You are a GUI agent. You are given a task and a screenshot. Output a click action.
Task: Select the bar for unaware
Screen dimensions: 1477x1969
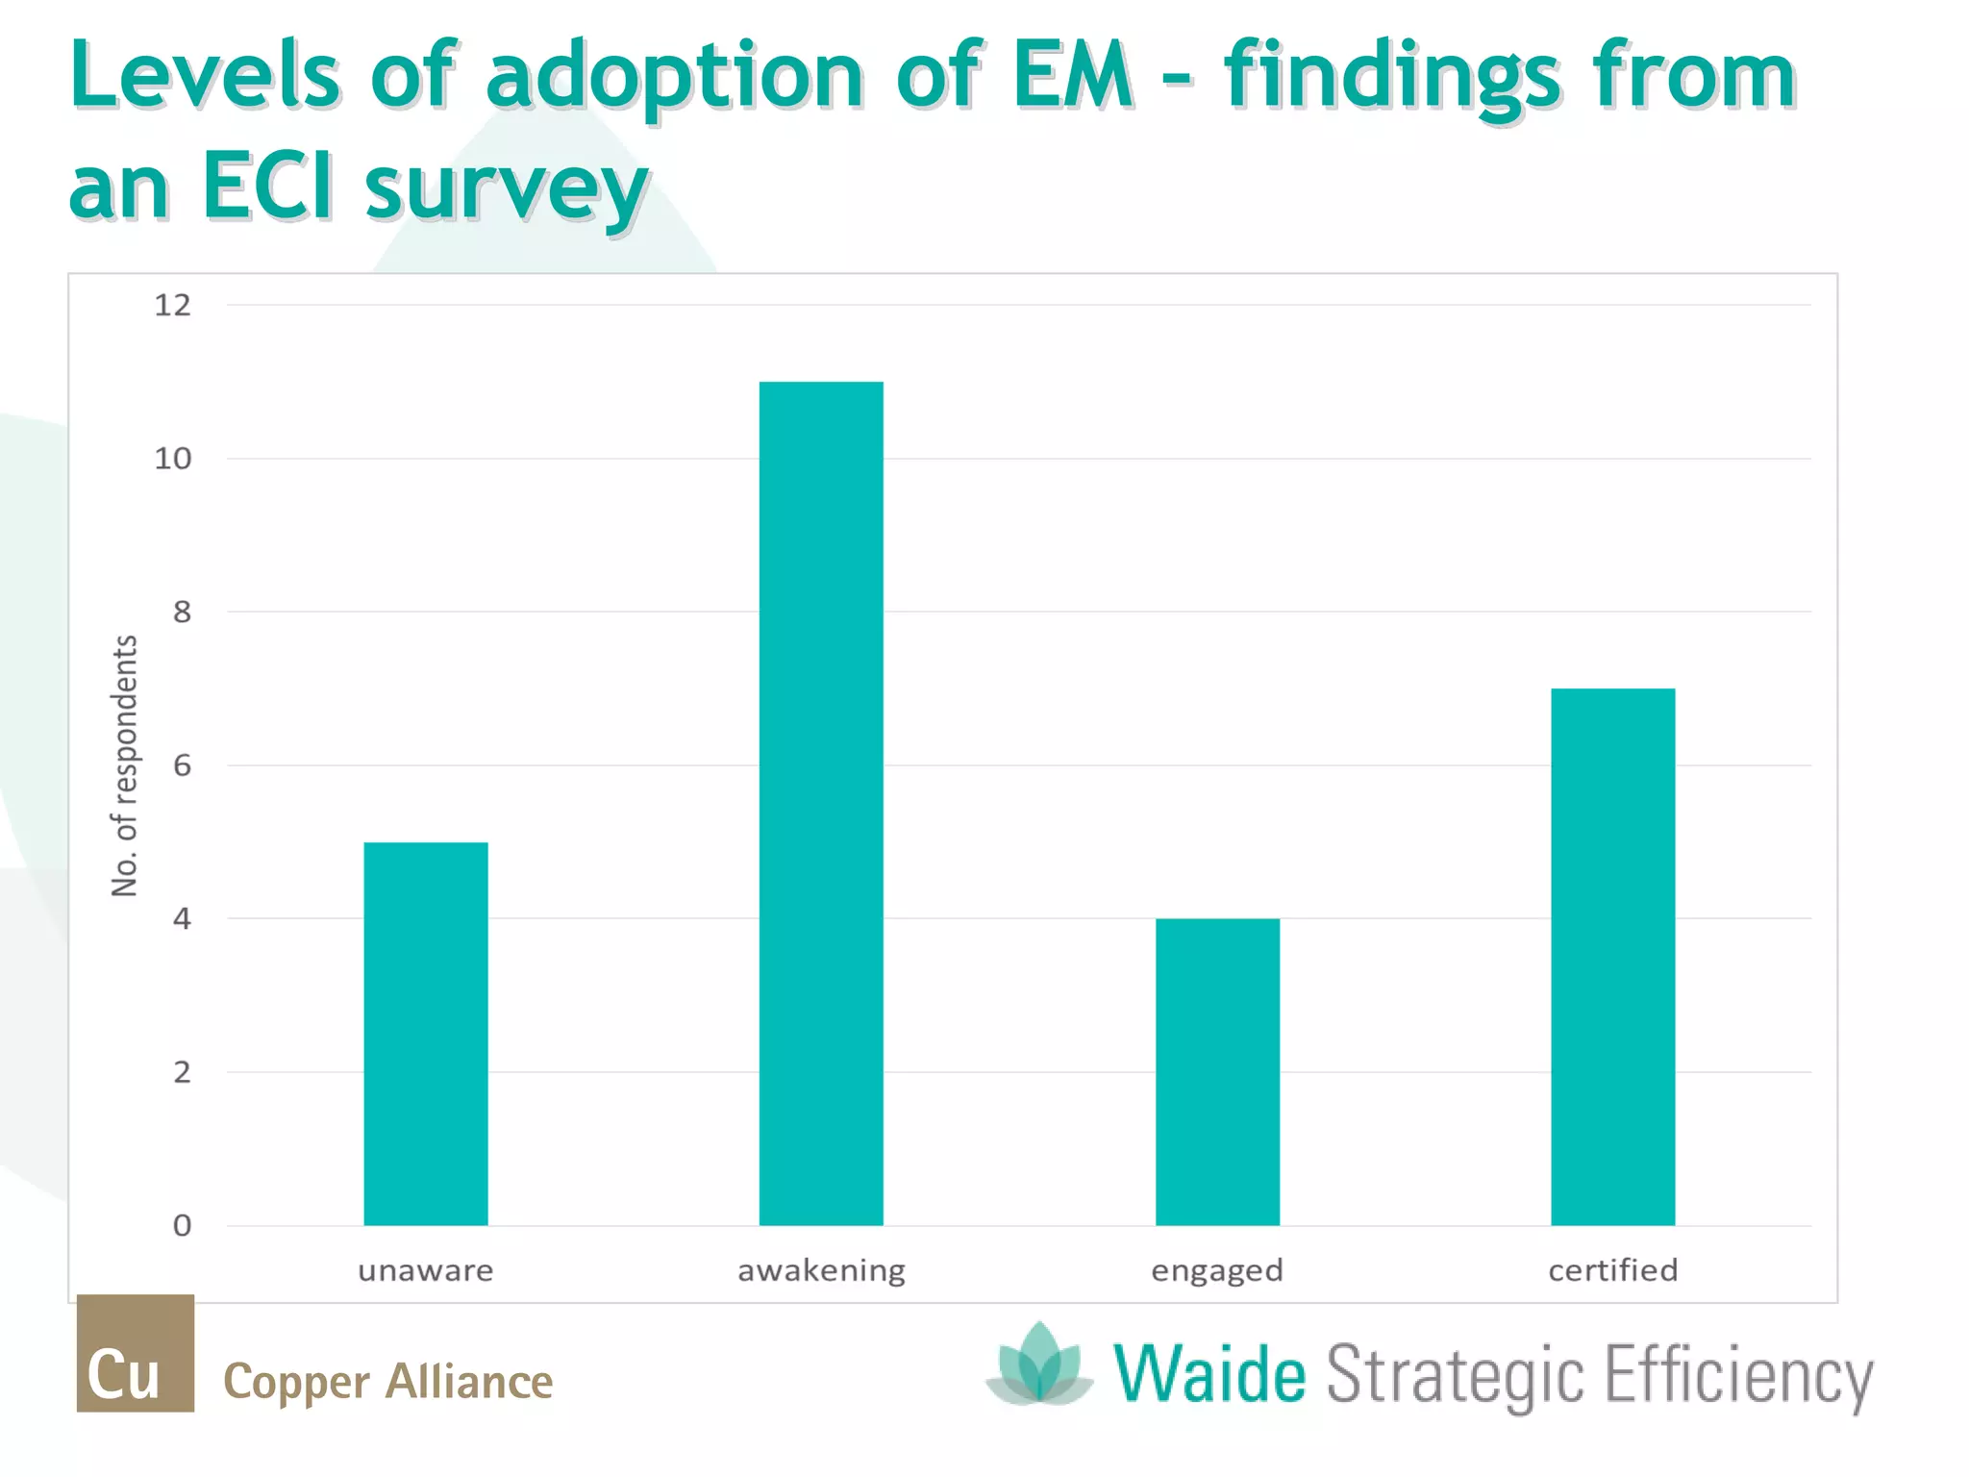425,1034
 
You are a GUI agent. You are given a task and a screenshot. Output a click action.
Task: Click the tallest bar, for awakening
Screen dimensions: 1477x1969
821,803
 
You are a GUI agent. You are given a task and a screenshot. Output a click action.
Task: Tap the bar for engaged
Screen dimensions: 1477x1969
1217,1071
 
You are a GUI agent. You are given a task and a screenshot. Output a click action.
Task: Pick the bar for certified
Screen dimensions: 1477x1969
1612,957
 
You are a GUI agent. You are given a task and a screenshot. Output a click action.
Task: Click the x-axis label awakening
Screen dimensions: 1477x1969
821,1271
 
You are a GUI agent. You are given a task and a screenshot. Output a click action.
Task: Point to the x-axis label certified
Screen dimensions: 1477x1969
1612,1270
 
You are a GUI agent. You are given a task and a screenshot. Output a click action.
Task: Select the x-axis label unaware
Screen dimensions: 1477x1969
425,1271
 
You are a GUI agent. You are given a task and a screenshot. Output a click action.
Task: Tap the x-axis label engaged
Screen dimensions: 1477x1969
1217,1271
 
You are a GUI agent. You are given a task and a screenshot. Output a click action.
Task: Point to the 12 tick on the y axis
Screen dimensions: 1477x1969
173,306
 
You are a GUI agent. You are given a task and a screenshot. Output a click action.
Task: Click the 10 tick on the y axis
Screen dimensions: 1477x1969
173,459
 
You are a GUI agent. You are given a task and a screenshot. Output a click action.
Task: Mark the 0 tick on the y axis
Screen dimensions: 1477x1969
182,1225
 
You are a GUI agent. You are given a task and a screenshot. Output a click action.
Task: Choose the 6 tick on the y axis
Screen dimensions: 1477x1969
182,765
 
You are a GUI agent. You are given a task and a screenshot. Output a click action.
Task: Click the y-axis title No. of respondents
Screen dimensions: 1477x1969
125,765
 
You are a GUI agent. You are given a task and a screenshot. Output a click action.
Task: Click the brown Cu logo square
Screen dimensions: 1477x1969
136,1353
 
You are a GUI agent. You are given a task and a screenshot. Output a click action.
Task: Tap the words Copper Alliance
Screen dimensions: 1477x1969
387,1382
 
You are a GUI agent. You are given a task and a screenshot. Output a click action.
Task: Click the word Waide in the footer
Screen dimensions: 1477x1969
1209,1374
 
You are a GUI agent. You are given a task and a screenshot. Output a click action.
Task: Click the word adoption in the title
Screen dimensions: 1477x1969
675,77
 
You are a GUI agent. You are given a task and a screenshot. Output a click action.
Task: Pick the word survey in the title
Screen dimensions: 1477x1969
506,188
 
